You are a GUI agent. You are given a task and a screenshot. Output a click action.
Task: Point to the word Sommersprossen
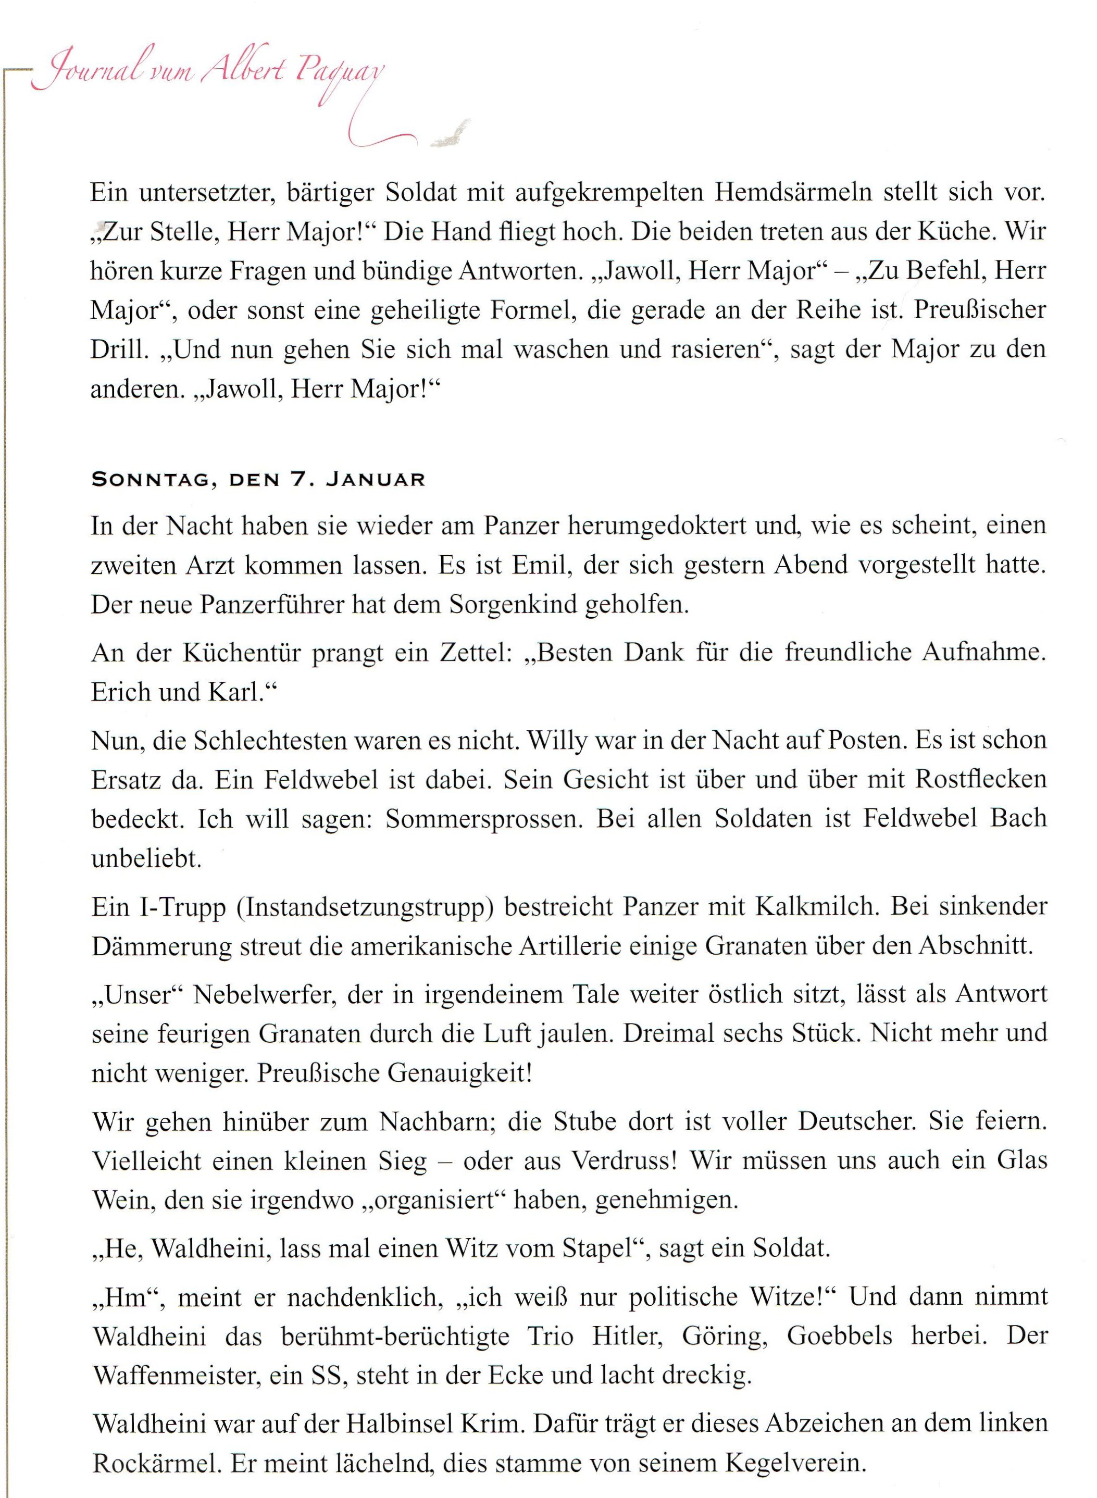485,819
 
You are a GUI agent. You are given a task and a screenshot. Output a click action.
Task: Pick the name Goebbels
839,1335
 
